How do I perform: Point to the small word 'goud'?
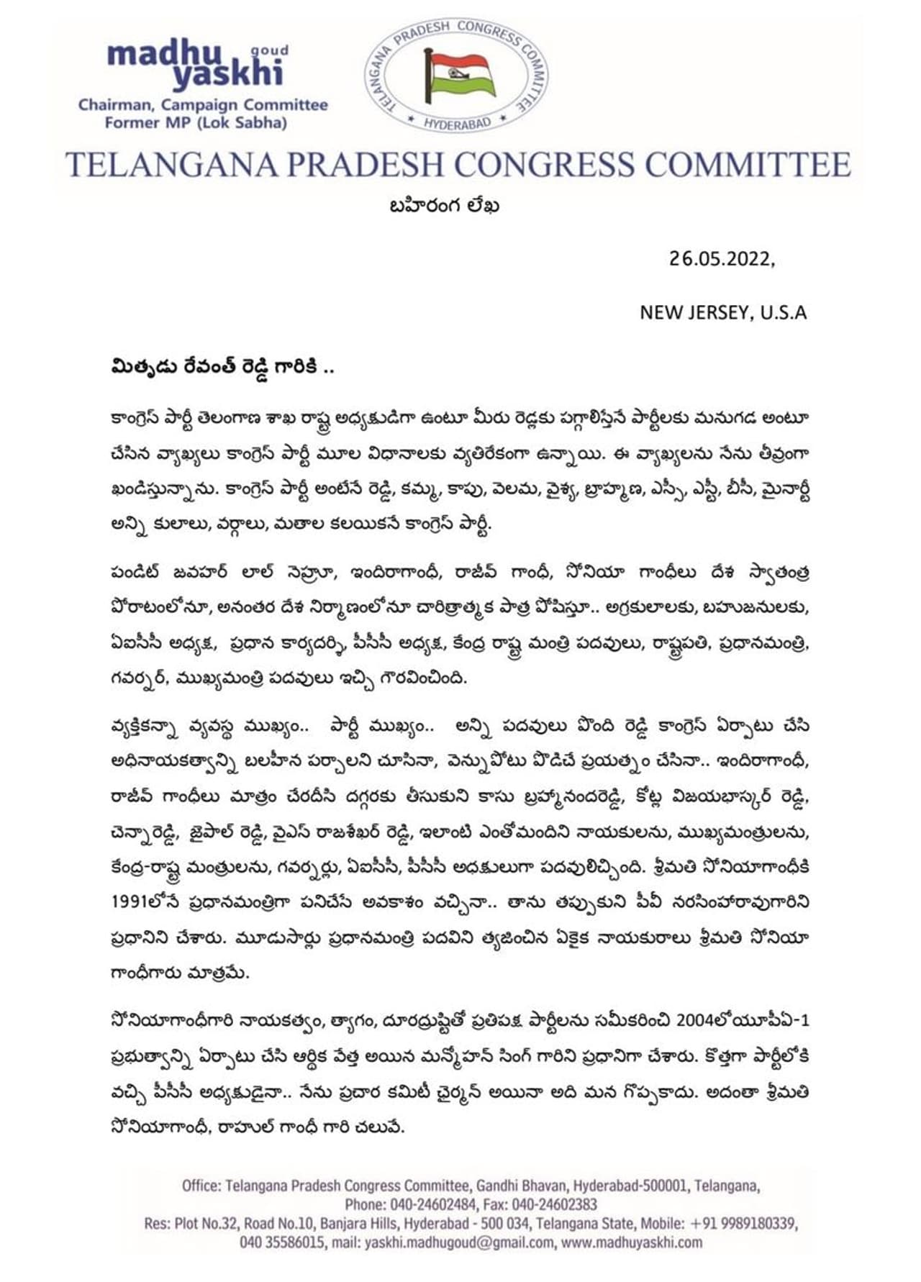(269, 50)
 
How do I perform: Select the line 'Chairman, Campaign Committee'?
(203, 105)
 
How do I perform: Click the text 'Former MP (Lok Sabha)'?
(196, 123)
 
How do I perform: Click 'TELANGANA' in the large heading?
(171, 165)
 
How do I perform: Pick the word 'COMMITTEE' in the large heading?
(748, 165)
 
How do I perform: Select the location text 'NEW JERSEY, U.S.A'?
(723, 313)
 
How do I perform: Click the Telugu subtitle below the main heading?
(444, 206)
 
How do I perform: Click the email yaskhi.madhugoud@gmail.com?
(459, 1242)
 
